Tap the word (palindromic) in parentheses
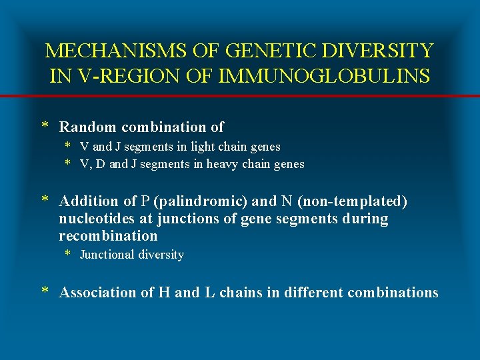(x=200, y=201)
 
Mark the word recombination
(x=108, y=236)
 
